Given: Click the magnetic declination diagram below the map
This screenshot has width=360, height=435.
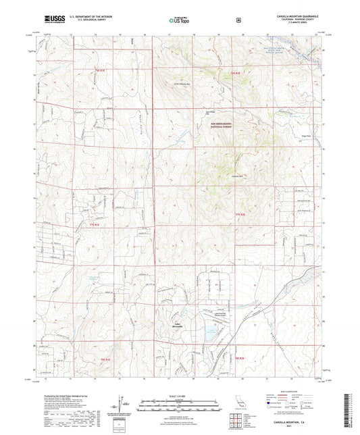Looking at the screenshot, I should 120,404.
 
